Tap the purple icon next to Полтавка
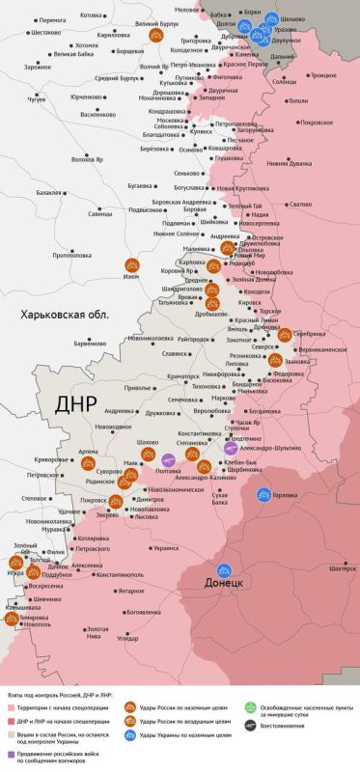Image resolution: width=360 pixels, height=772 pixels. tap(167, 460)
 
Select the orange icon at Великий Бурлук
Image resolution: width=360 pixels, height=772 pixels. tap(154, 34)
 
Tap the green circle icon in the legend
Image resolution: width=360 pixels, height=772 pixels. tap(249, 706)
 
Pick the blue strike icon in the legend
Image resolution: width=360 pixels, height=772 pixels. tap(130, 735)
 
